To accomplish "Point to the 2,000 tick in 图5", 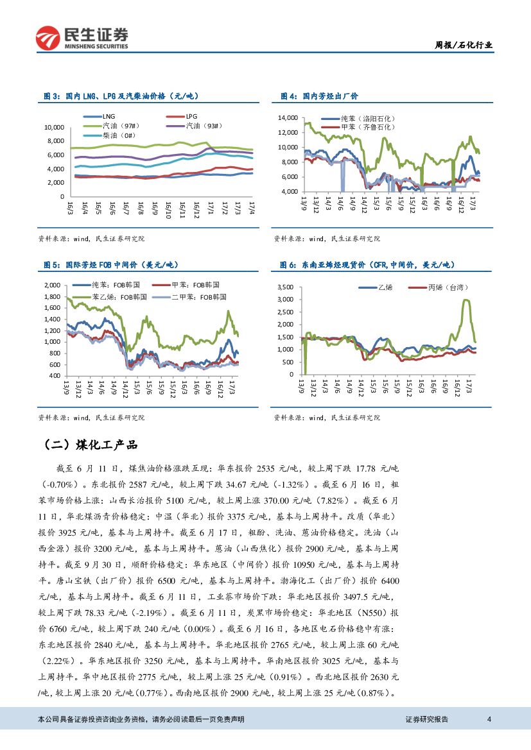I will (51, 285).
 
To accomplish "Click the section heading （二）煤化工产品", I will (91, 445).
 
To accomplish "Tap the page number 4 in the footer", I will (489, 719).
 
